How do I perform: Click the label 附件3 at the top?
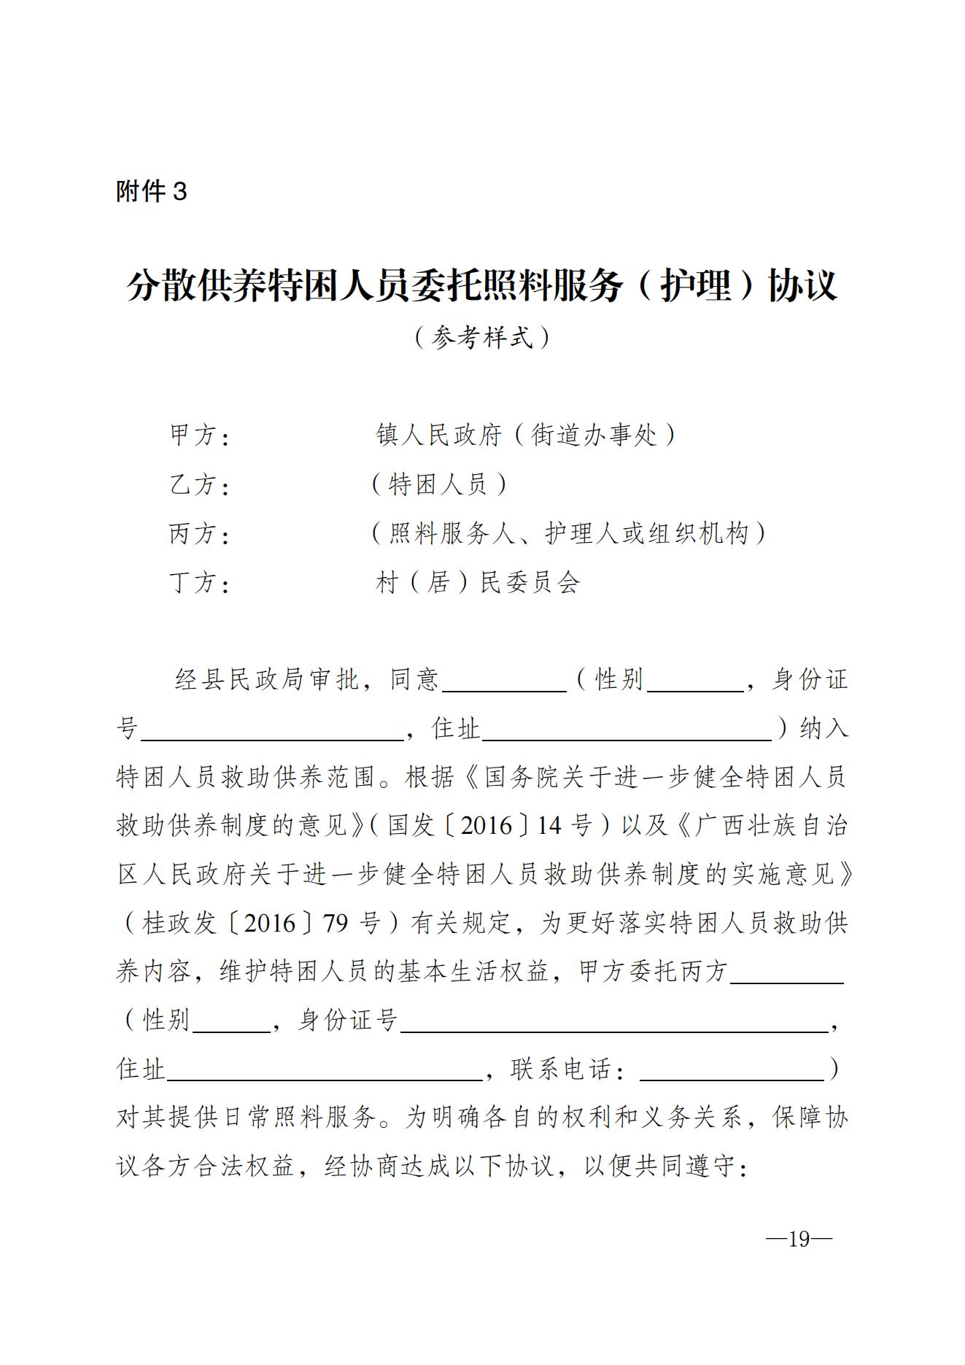point(152,191)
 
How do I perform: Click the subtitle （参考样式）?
point(481,337)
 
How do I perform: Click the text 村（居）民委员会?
point(478,582)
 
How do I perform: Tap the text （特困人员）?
point(438,484)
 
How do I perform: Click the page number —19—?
point(799,1239)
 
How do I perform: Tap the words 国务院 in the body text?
point(522,776)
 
